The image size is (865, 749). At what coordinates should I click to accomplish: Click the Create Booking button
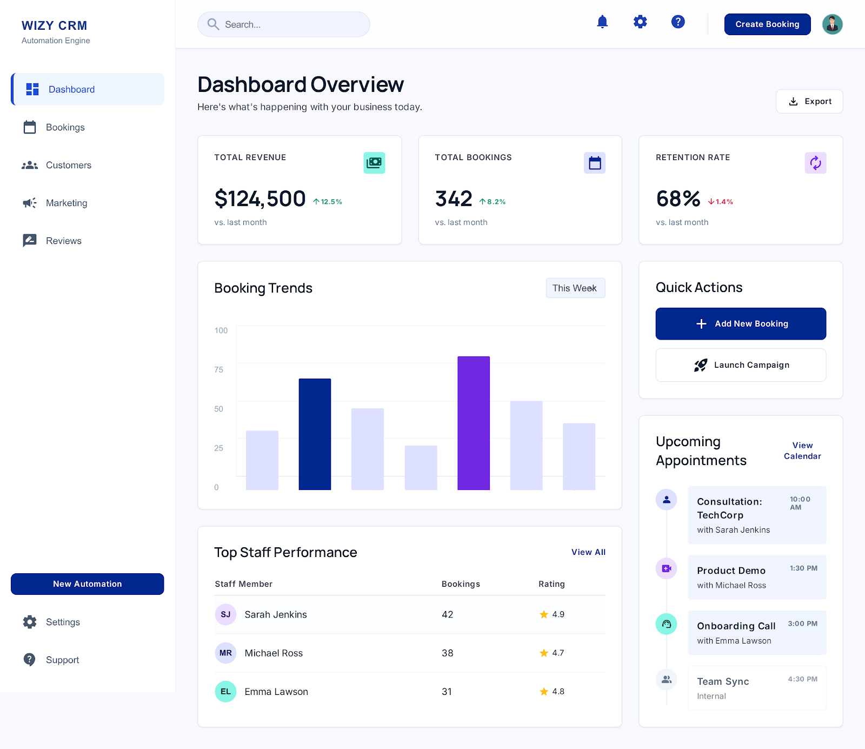[x=767, y=24]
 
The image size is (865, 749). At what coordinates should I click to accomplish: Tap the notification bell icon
[x=602, y=22]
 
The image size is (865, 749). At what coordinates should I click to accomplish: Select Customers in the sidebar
[x=68, y=165]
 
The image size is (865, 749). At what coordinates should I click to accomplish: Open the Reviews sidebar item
[x=63, y=241]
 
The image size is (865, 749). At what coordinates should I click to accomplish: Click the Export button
[x=809, y=102]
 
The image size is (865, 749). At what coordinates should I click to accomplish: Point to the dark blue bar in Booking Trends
[x=315, y=434]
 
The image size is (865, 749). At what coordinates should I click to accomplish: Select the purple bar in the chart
[x=474, y=423]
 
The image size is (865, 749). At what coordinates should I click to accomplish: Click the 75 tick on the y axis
[x=218, y=370]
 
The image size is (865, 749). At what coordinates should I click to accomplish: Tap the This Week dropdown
[x=575, y=288]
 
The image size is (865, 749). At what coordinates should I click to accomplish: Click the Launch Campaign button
[x=741, y=365]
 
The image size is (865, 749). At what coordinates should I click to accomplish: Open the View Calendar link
[x=802, y=450]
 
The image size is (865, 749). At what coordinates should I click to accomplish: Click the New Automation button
[x=88, y=584]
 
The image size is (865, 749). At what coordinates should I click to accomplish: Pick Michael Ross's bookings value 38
[x=447, y=653]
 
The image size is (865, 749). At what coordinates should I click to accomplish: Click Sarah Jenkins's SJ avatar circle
[x=225, y=614]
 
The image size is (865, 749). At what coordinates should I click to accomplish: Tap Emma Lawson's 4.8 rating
[x=557, y=692]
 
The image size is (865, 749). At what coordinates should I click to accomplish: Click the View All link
[x=588, y=552]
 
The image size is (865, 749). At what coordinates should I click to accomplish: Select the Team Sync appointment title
[x=723, y=681]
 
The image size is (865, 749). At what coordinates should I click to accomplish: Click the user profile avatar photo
[x=832, y=24]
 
